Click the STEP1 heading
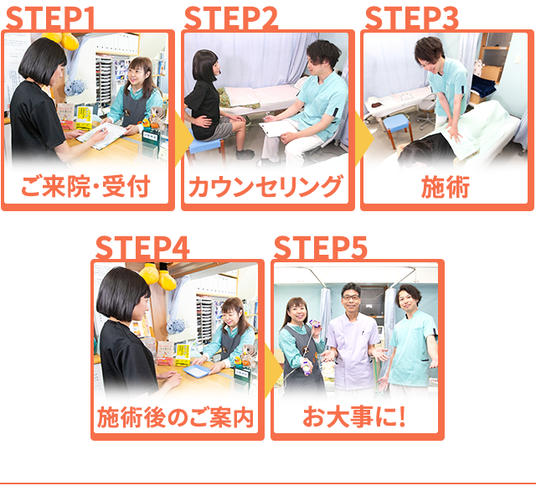pos(50,18)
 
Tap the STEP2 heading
pos(231,18)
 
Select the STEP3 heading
pos(411,18)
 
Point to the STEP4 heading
pos(142,248)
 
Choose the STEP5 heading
pos(320,248)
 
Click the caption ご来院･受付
pos(85,187)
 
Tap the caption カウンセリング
pos(266,187)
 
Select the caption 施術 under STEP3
pos(446,187)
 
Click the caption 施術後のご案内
pos(176,417)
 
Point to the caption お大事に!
pos(354,416)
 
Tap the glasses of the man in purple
pos(351,297)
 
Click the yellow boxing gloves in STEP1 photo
pos(63,40)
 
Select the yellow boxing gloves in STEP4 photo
pos(158,275)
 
